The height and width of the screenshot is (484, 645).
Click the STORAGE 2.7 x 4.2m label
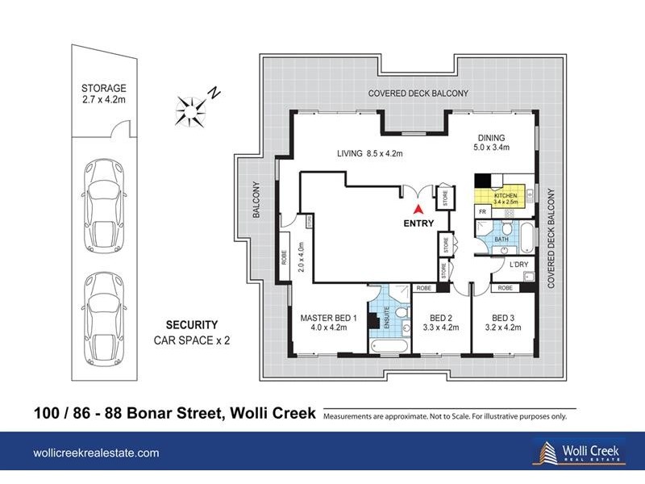pyautogui.click(x=105, y=94)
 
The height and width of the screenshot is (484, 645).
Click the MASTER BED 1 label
pyautogui.click(x=322, y=322)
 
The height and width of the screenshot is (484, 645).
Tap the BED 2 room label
pyautogui.click(x=440, y=322)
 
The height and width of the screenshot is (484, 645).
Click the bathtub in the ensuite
pyautogui.click(x=388, y=345)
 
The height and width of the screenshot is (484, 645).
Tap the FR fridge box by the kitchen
pyautogui.click(x=482, y=211)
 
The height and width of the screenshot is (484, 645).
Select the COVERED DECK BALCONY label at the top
pyautogui.click(x=418, y=94)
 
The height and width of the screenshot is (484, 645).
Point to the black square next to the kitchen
pyautogui.click(x=482, y=181)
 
